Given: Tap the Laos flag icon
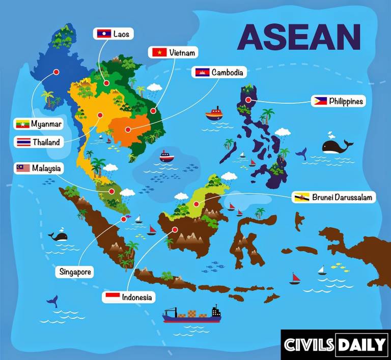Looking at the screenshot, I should click(x=104, y=34).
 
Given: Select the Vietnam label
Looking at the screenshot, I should click(x=181, y=52).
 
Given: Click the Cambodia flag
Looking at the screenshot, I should click(x=202, y=72).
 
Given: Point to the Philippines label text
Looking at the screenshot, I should click(x=346, y=101).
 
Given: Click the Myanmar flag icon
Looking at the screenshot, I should click(x=22, y=124).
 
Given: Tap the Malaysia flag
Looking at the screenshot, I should click(x=23, y=168).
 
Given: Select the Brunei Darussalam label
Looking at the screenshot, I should click(x=342, y=197).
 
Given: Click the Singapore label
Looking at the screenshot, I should click(x=75, y=272).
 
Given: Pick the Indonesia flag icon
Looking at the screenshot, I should click(x=112, y=297).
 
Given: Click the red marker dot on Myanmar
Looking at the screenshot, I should click(x=57, y=73).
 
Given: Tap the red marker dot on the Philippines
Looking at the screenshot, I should click(x=248, y=100).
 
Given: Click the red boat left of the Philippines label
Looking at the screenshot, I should click(x=214, y=112).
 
